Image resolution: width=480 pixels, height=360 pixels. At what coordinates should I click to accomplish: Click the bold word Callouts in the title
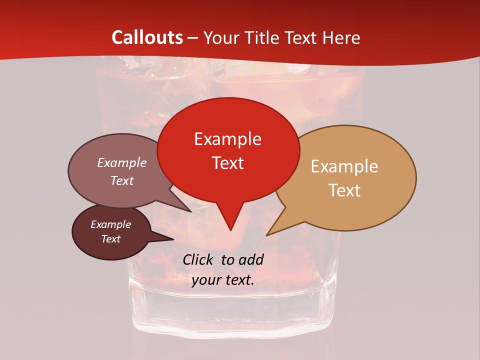[147, 37]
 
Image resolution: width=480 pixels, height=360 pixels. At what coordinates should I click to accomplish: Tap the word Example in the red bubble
[227, 139]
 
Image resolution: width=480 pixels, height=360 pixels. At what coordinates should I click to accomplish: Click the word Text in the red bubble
[228, 163]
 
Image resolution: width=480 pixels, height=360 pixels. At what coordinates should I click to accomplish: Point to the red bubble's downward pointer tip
[230, 230]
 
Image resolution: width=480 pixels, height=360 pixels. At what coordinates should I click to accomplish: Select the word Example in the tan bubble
[344, 166]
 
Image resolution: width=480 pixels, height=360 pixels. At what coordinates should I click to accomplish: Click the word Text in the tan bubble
[345, 190]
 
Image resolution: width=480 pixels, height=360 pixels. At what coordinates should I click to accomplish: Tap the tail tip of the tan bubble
[267, 235]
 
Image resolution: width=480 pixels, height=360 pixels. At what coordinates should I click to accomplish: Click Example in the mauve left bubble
[122, 162]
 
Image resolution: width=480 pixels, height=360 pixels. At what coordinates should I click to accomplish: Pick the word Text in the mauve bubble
[122, 180]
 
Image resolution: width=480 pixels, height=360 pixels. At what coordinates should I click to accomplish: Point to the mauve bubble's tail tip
[191, 211]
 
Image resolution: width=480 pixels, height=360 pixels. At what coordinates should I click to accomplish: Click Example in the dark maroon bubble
[111, 224]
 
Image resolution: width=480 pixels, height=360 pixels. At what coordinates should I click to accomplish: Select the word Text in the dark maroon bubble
[111, 239]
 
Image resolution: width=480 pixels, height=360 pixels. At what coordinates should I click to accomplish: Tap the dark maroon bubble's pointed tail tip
[173, 239]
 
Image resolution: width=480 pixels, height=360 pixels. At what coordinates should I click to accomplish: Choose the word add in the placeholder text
[250, 259]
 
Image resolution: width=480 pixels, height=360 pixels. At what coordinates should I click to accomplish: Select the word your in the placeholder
[205, 280]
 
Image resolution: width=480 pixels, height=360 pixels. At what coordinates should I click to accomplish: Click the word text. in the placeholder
[238, 280]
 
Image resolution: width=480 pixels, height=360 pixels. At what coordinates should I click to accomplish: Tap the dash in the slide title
[193, 37]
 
